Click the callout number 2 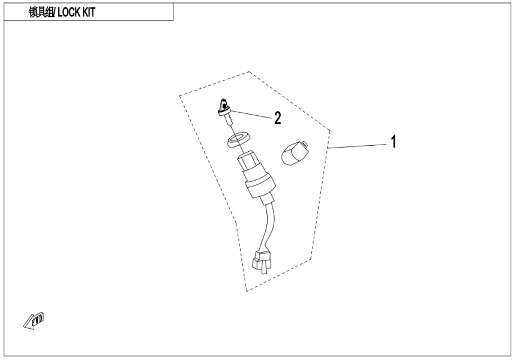coord(277,118)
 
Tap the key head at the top coord(223,107)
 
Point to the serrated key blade coord(229,122)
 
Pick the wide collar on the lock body coord(259,188)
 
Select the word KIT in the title coord(87,13)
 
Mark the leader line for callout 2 coord(252,114)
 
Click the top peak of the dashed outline coord(249,72)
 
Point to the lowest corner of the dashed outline coord(246,292)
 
